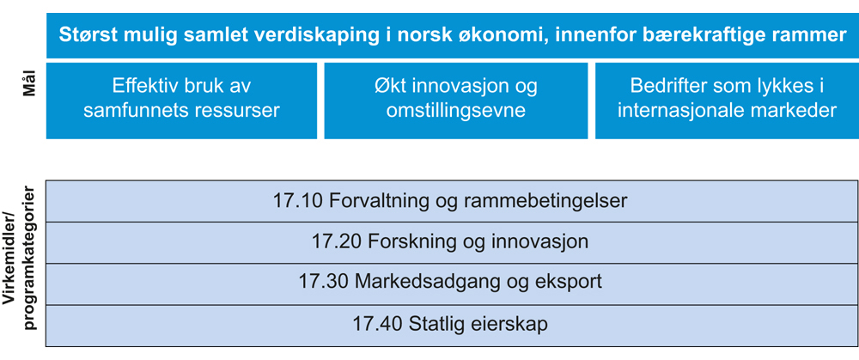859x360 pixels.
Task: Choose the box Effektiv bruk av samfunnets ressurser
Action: pos(181,101)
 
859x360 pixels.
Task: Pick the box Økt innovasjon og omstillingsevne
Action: pos(456,101)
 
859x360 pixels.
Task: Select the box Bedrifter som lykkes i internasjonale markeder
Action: pos(727,101)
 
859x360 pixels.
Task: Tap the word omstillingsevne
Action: pos(456,111)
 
